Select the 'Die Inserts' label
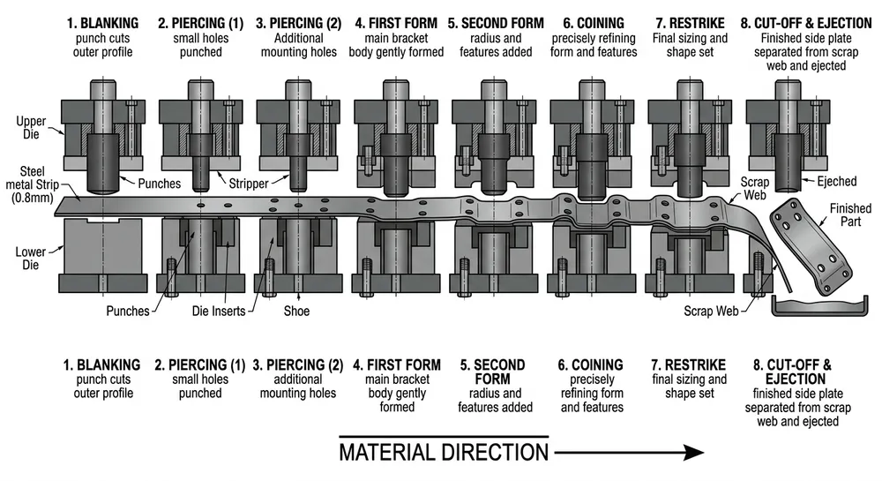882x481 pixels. [x=220, y=311]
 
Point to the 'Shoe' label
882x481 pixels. [x=297, y=311]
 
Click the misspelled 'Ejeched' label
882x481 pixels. [x=836, y=182]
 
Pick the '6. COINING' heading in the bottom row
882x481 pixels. [x=592, y=365]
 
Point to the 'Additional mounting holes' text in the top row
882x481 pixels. [x=298, y=45]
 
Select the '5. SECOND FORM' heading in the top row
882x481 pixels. [x=495, y=22]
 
